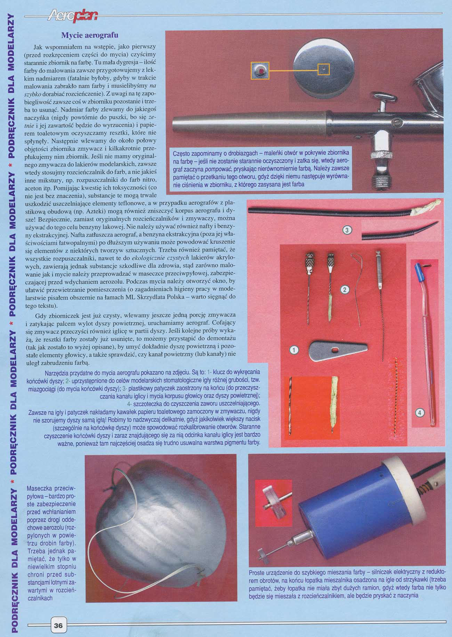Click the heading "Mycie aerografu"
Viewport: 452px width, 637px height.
[x=90, y=35]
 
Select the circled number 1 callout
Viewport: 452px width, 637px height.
[x=294, y=350]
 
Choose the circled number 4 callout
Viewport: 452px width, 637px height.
[x=420, y=413]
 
